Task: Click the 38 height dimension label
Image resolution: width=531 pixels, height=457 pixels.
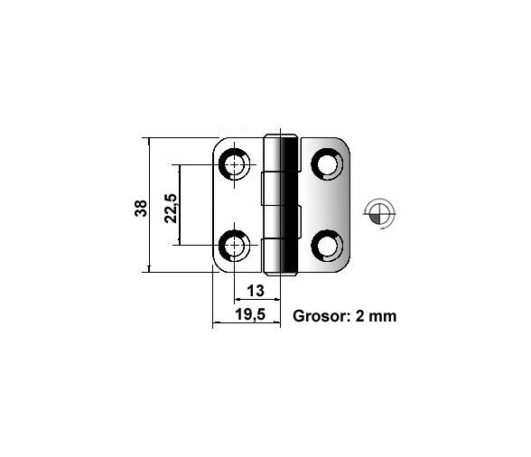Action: pos(141,208)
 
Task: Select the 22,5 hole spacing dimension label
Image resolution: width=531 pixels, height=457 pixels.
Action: pos(171,208)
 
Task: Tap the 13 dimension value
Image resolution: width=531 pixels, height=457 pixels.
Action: pos(256,291)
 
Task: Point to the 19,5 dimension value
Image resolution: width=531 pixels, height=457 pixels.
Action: pos(250,314)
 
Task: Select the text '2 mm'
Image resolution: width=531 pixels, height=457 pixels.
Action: pos(376,316)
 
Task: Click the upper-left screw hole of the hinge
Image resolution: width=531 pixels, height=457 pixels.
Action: pos(234,164)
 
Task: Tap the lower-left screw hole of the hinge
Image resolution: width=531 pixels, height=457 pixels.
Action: pos(234,246)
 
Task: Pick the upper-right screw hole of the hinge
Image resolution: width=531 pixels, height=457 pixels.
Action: pos(327,164)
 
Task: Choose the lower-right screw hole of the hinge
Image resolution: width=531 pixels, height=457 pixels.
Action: pos(327,246)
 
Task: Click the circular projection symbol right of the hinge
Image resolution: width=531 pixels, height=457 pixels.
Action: pos(379,213)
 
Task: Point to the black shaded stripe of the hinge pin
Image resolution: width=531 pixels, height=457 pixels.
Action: pos(289,205)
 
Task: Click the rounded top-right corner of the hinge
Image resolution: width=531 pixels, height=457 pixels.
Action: pos(345,143)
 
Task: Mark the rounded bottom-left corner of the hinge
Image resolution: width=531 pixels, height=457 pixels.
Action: pos(217,267)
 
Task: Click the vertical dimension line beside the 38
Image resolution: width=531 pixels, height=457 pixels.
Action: pos(149,205)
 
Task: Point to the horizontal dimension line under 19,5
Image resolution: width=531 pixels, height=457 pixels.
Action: pos(247,322)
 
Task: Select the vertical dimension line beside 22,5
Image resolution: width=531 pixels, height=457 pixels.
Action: pos(179,205)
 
